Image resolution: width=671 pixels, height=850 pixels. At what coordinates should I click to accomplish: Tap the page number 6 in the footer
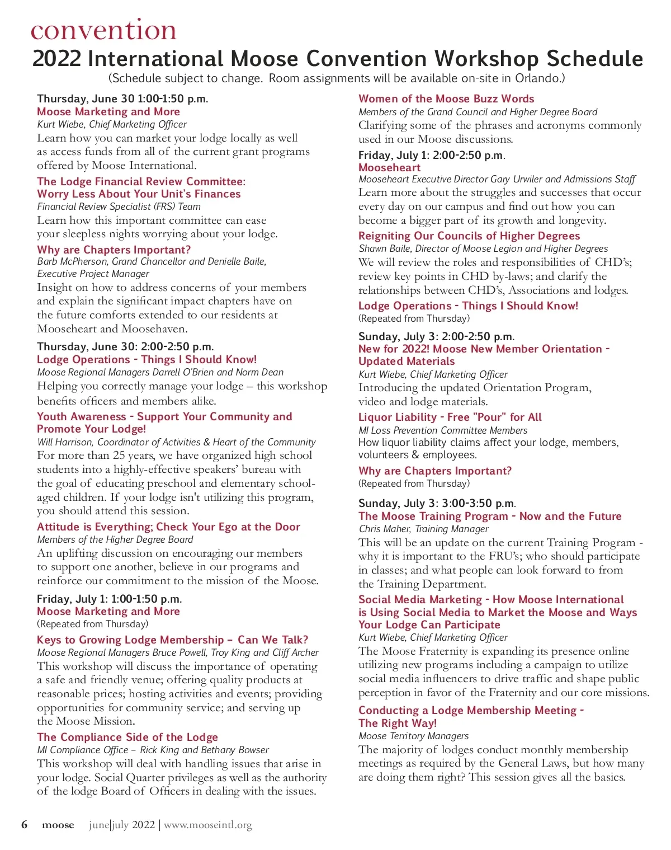click(24, 824)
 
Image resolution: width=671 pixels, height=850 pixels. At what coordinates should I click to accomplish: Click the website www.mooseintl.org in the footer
click(207, 825)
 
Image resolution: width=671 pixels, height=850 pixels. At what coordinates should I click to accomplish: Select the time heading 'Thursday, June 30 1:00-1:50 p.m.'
click(122, 99)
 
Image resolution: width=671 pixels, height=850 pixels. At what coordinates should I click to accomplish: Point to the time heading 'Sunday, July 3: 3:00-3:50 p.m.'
click(437, 503)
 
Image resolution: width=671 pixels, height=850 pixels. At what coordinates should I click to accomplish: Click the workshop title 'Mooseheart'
click(389, 167)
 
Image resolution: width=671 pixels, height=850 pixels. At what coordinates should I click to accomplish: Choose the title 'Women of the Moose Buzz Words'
click(446, 99)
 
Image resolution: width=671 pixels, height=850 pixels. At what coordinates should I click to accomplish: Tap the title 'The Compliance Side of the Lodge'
click(127, 737)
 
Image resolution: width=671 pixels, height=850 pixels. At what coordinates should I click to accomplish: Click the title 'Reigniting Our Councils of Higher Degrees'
click(469, 236)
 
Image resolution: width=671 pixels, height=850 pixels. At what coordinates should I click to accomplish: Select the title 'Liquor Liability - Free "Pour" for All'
click(450, 417)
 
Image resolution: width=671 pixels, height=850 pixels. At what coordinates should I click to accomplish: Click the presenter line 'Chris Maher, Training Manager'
click(423, 529)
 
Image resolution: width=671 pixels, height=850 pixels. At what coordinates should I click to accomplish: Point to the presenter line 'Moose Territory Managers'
click(413, 736)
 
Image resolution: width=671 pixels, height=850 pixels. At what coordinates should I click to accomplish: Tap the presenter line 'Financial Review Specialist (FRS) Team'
click(119, 206)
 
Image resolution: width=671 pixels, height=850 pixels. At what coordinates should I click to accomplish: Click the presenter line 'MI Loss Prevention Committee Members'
click(443, 430)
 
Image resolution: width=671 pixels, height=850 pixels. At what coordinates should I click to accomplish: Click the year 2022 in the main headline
click(57, 59)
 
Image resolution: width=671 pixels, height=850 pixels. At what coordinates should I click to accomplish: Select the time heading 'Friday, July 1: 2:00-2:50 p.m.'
click(431, 155)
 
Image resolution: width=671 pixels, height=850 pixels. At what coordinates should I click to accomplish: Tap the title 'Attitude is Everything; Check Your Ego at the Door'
click(168, 527)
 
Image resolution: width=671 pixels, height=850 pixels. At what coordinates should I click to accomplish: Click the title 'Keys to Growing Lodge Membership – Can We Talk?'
click(172, 640)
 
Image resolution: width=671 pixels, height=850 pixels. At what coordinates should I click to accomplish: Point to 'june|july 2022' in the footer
click(121, 825)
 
